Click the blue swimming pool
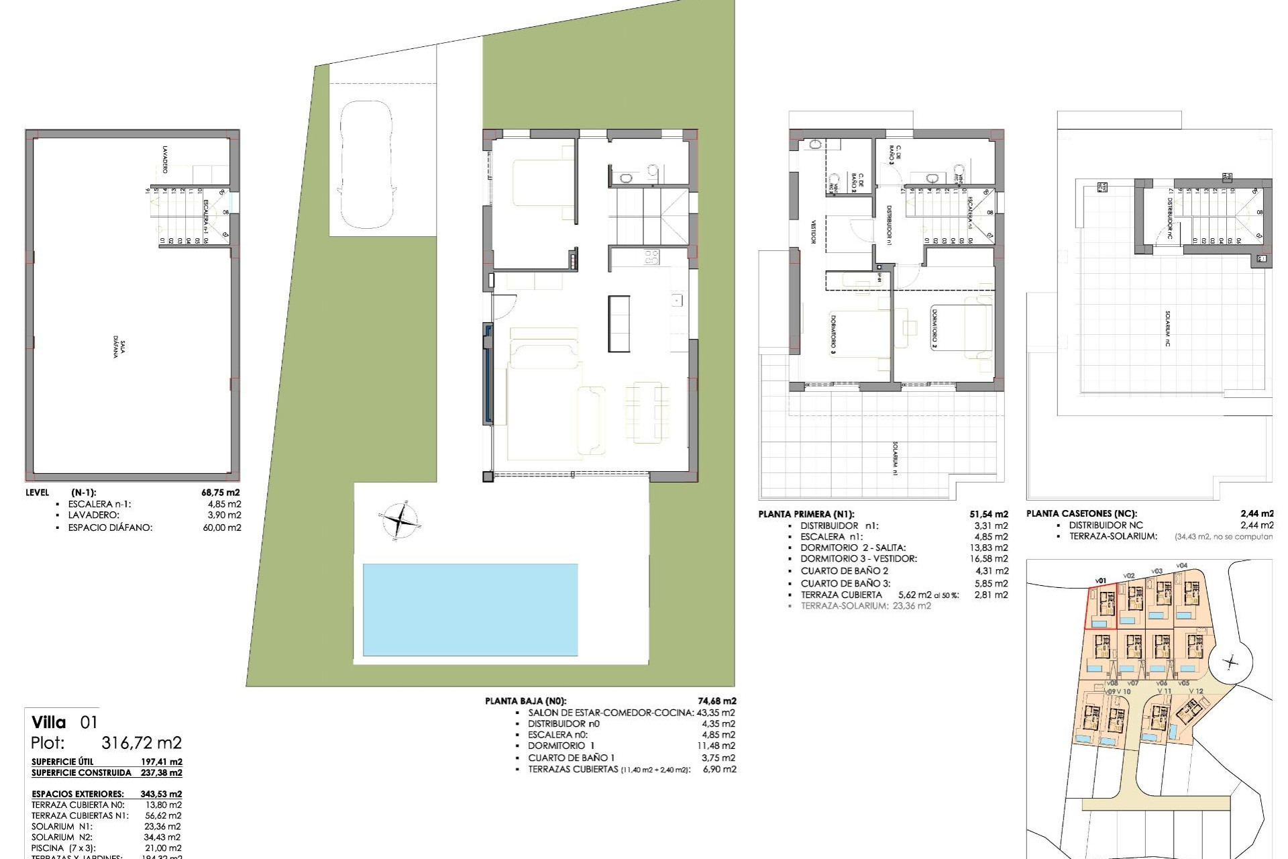470,609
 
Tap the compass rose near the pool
401,519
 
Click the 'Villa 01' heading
64,723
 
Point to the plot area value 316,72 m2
141,743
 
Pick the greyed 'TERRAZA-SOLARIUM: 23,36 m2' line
865,605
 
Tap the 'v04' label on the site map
1181,566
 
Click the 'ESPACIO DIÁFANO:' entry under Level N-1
110,527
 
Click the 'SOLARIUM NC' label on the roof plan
1168,328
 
